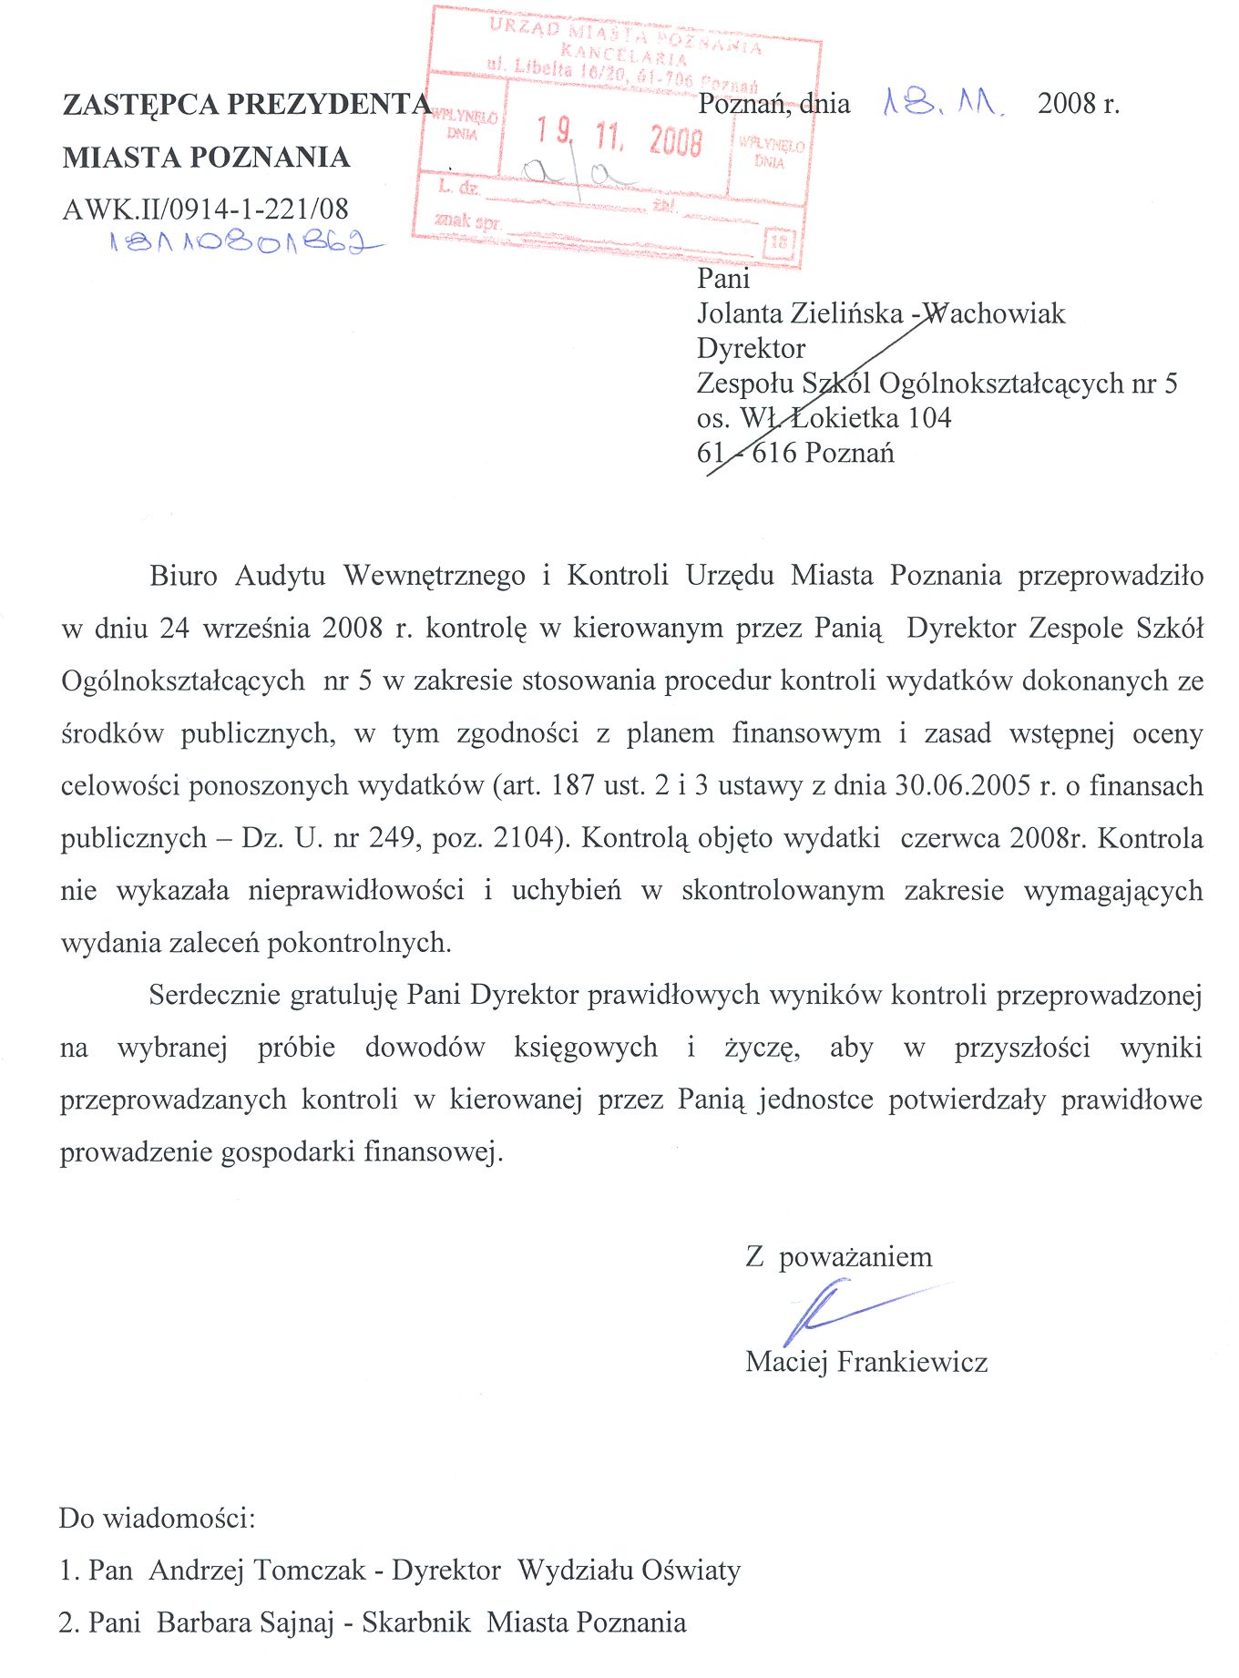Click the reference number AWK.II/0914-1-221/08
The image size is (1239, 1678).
[x=205, y=209]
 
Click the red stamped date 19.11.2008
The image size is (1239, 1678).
[x=619, y=138]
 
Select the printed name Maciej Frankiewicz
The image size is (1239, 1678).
[x=865, y=1362]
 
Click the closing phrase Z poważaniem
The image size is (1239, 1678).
[x=838, y=1257]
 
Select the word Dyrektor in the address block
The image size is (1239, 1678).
[x=751, y=348]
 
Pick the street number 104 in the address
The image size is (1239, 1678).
[x=929, y=418]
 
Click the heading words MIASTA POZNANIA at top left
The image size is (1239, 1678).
[x=206, y=157]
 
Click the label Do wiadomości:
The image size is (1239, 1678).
[x=157, y=1518]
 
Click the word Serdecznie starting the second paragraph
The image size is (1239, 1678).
[x=215, y=994]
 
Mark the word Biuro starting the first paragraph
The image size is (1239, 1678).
[x=184, y=576]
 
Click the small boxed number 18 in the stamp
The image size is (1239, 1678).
[x=780, y=241]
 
